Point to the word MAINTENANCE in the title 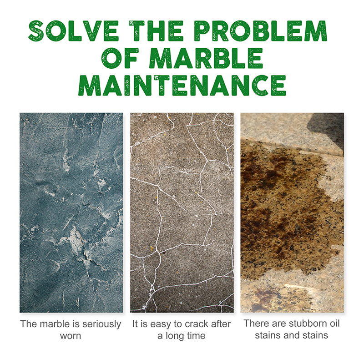(x=182, y=86)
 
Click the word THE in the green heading (x=157, y=31)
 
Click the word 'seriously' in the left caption (x=101, y=324)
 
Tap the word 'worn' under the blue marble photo (x=71, y=336)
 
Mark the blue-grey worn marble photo (x=71, y=212)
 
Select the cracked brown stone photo (x=182, y=212)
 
